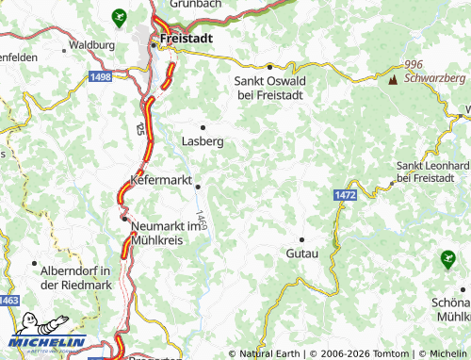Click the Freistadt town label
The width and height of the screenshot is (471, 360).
point(187,38)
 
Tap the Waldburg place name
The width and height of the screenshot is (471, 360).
point(92,44)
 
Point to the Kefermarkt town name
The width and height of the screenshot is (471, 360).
point(167,178)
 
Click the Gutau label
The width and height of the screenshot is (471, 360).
point(301,254)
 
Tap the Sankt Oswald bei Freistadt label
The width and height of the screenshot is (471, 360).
point(269,88)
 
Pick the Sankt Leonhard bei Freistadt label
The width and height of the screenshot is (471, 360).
point(431,172)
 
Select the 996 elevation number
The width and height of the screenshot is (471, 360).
point(412,63)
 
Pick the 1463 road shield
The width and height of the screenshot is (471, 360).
point(8,300)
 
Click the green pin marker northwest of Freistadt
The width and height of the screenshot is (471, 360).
point(118,16)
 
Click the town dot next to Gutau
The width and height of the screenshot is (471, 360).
point(301,239)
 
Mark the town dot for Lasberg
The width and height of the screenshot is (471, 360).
point(202,126)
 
